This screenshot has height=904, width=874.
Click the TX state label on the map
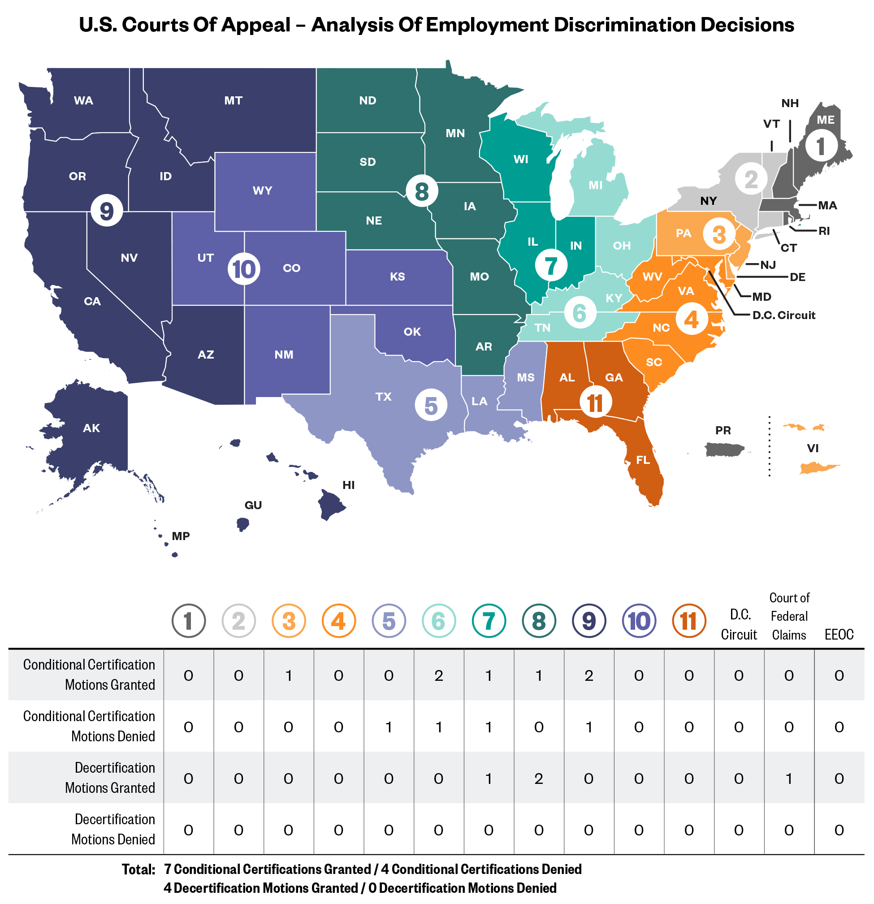pyautogui.click(x=383, y=397)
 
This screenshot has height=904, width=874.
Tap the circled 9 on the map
pyautogui.click(x=107, y=210)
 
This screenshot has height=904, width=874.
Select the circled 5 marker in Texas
pyautogui.click(x=431, y=405)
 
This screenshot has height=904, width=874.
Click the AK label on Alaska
pyautogui.click(x=91, y=428)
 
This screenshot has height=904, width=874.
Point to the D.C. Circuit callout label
pyautogui.click(x=783, y=315)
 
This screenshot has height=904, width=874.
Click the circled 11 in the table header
pyautogui.click(x=688, y=621)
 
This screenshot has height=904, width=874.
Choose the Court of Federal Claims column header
pyautogui.click(x=789, y=616)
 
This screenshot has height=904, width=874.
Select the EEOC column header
pyautogui.click(x=839, y=635)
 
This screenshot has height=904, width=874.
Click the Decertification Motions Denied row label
pyautogui.click(x=113, y=829)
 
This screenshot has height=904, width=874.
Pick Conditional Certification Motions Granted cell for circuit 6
pyautogui.click(x=439, y=676)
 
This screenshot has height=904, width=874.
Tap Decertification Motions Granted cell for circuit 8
pyautogui.click(x=539, y=779)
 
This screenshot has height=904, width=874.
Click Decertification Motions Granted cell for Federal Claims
pyautogui.click(x=789, y=779)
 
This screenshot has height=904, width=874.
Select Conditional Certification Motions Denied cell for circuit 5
pyautogui.click(x=389, y=727)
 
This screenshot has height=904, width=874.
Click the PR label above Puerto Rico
pyautogui.click(x=723, y=430)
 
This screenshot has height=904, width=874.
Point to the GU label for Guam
pyautogui.click(x=253, y=505)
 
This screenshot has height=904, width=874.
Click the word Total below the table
pyautogui.click(x=138, y=869)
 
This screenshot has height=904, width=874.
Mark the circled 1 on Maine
pyautogui.click(x=821, y=146)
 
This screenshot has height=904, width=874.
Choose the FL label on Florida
pyautogui.click(x=643, y=460)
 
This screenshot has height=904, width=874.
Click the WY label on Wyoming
pyautogui.click(x=263, y=190)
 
